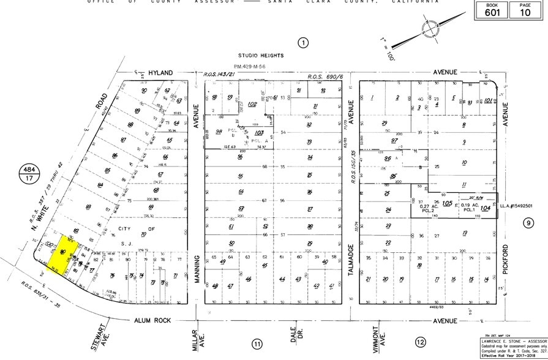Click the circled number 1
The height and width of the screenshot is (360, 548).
point(302,42)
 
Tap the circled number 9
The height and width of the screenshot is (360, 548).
point(528,223)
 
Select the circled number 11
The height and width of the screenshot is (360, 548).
point(257,344)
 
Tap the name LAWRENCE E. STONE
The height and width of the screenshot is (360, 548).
point(497,341)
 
